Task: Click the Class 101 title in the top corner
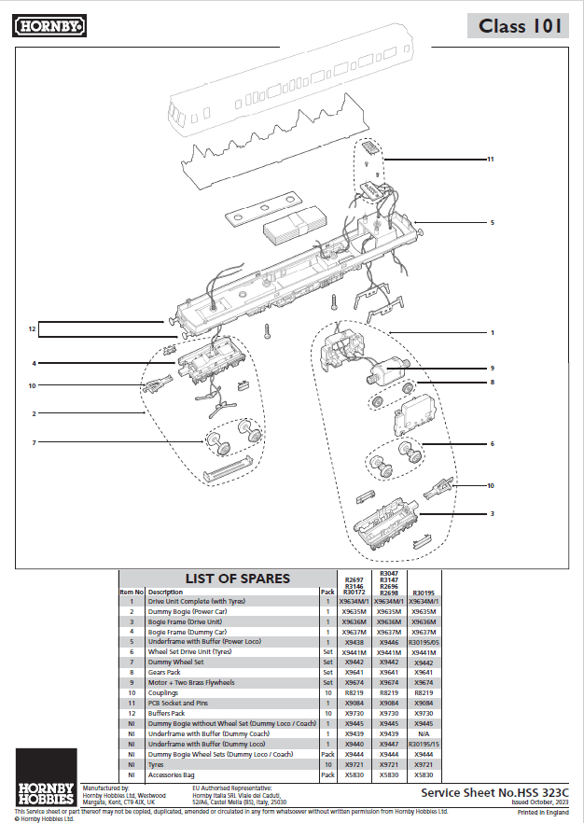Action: click(x=520, y=25)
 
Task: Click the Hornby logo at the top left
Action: click(x=49, y=26)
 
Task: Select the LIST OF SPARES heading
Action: click(x=237, y=579)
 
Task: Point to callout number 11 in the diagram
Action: click(x=489, y=160)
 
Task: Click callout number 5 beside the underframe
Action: click(x=492, y=223)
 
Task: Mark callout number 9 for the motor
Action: click(x=492, y=368)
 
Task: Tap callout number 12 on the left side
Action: click(x=31, y=328)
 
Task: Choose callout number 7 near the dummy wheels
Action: click(x=34, y=442)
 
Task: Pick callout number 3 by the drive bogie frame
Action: click(x=492, y=513)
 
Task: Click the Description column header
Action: click(x=165, y=592)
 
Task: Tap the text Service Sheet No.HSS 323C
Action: click(x=494, y=791)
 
